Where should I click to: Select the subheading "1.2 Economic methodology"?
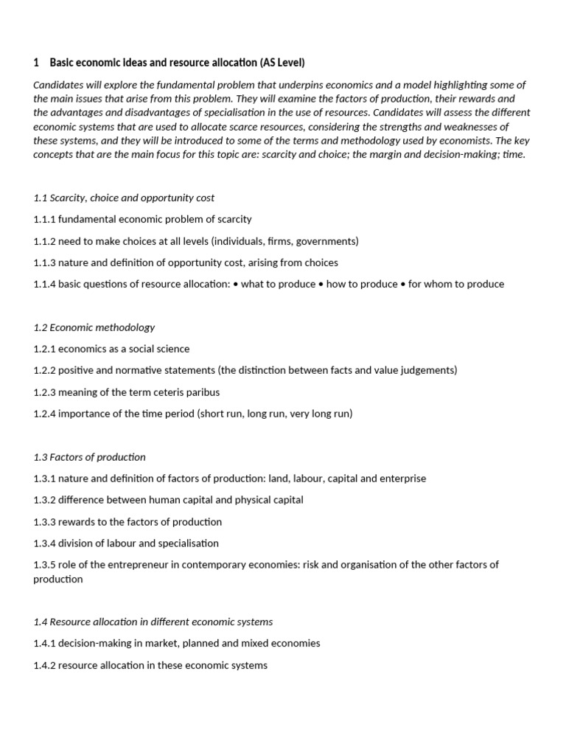tap(94, 327)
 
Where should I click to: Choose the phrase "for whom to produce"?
tap(456, 284)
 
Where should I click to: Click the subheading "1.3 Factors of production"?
tap(90, 457)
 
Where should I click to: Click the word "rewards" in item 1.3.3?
tap(77, 522)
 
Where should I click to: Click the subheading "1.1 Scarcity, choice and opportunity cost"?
tap(124, 198)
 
